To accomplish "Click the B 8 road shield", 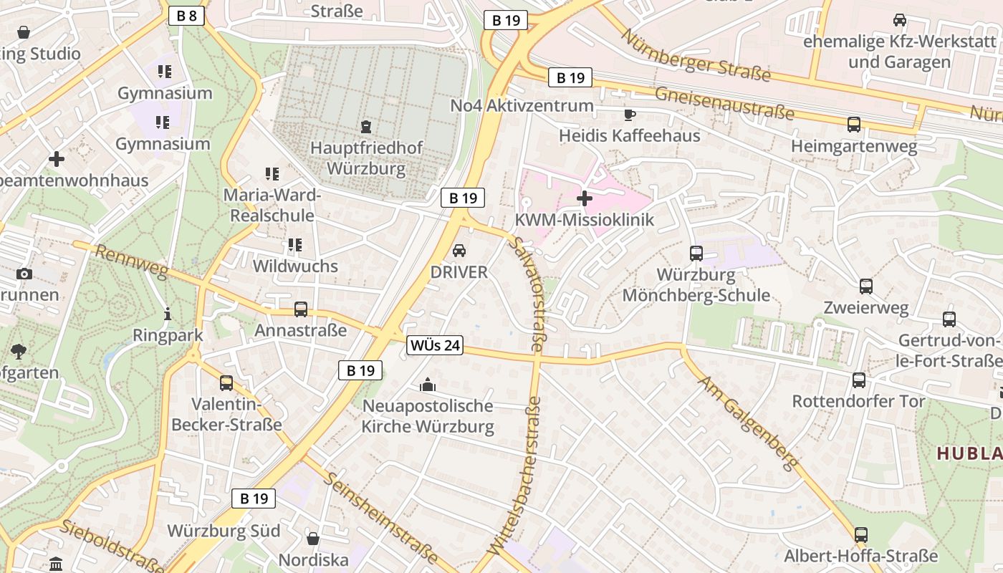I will click(x=186, y=16).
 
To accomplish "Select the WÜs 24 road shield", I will click(x=435, y=345).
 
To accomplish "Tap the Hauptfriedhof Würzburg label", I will click(x=366, y=158).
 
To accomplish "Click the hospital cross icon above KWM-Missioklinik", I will click(x=585, y=198).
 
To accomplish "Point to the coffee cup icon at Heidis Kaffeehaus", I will click(x=630, y=115).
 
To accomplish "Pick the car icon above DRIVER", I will click(x=459, y=251).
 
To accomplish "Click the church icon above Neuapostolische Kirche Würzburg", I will click(x=428, y=385).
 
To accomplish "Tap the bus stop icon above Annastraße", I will click(x=301, y=309).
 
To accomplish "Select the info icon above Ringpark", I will click(x=168, y=314).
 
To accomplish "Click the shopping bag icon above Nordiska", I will click(x=313, y=538).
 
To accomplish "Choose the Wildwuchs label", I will click(x=295, y=266).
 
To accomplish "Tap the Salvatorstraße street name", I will click(x=527, y=294).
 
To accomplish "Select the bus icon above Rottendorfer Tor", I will click(x=858, y=380).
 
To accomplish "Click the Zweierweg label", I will click(x=866, y=308).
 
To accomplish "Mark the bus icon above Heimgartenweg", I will click(x=854, y=125).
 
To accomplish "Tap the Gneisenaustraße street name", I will click(x=724, y=102).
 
